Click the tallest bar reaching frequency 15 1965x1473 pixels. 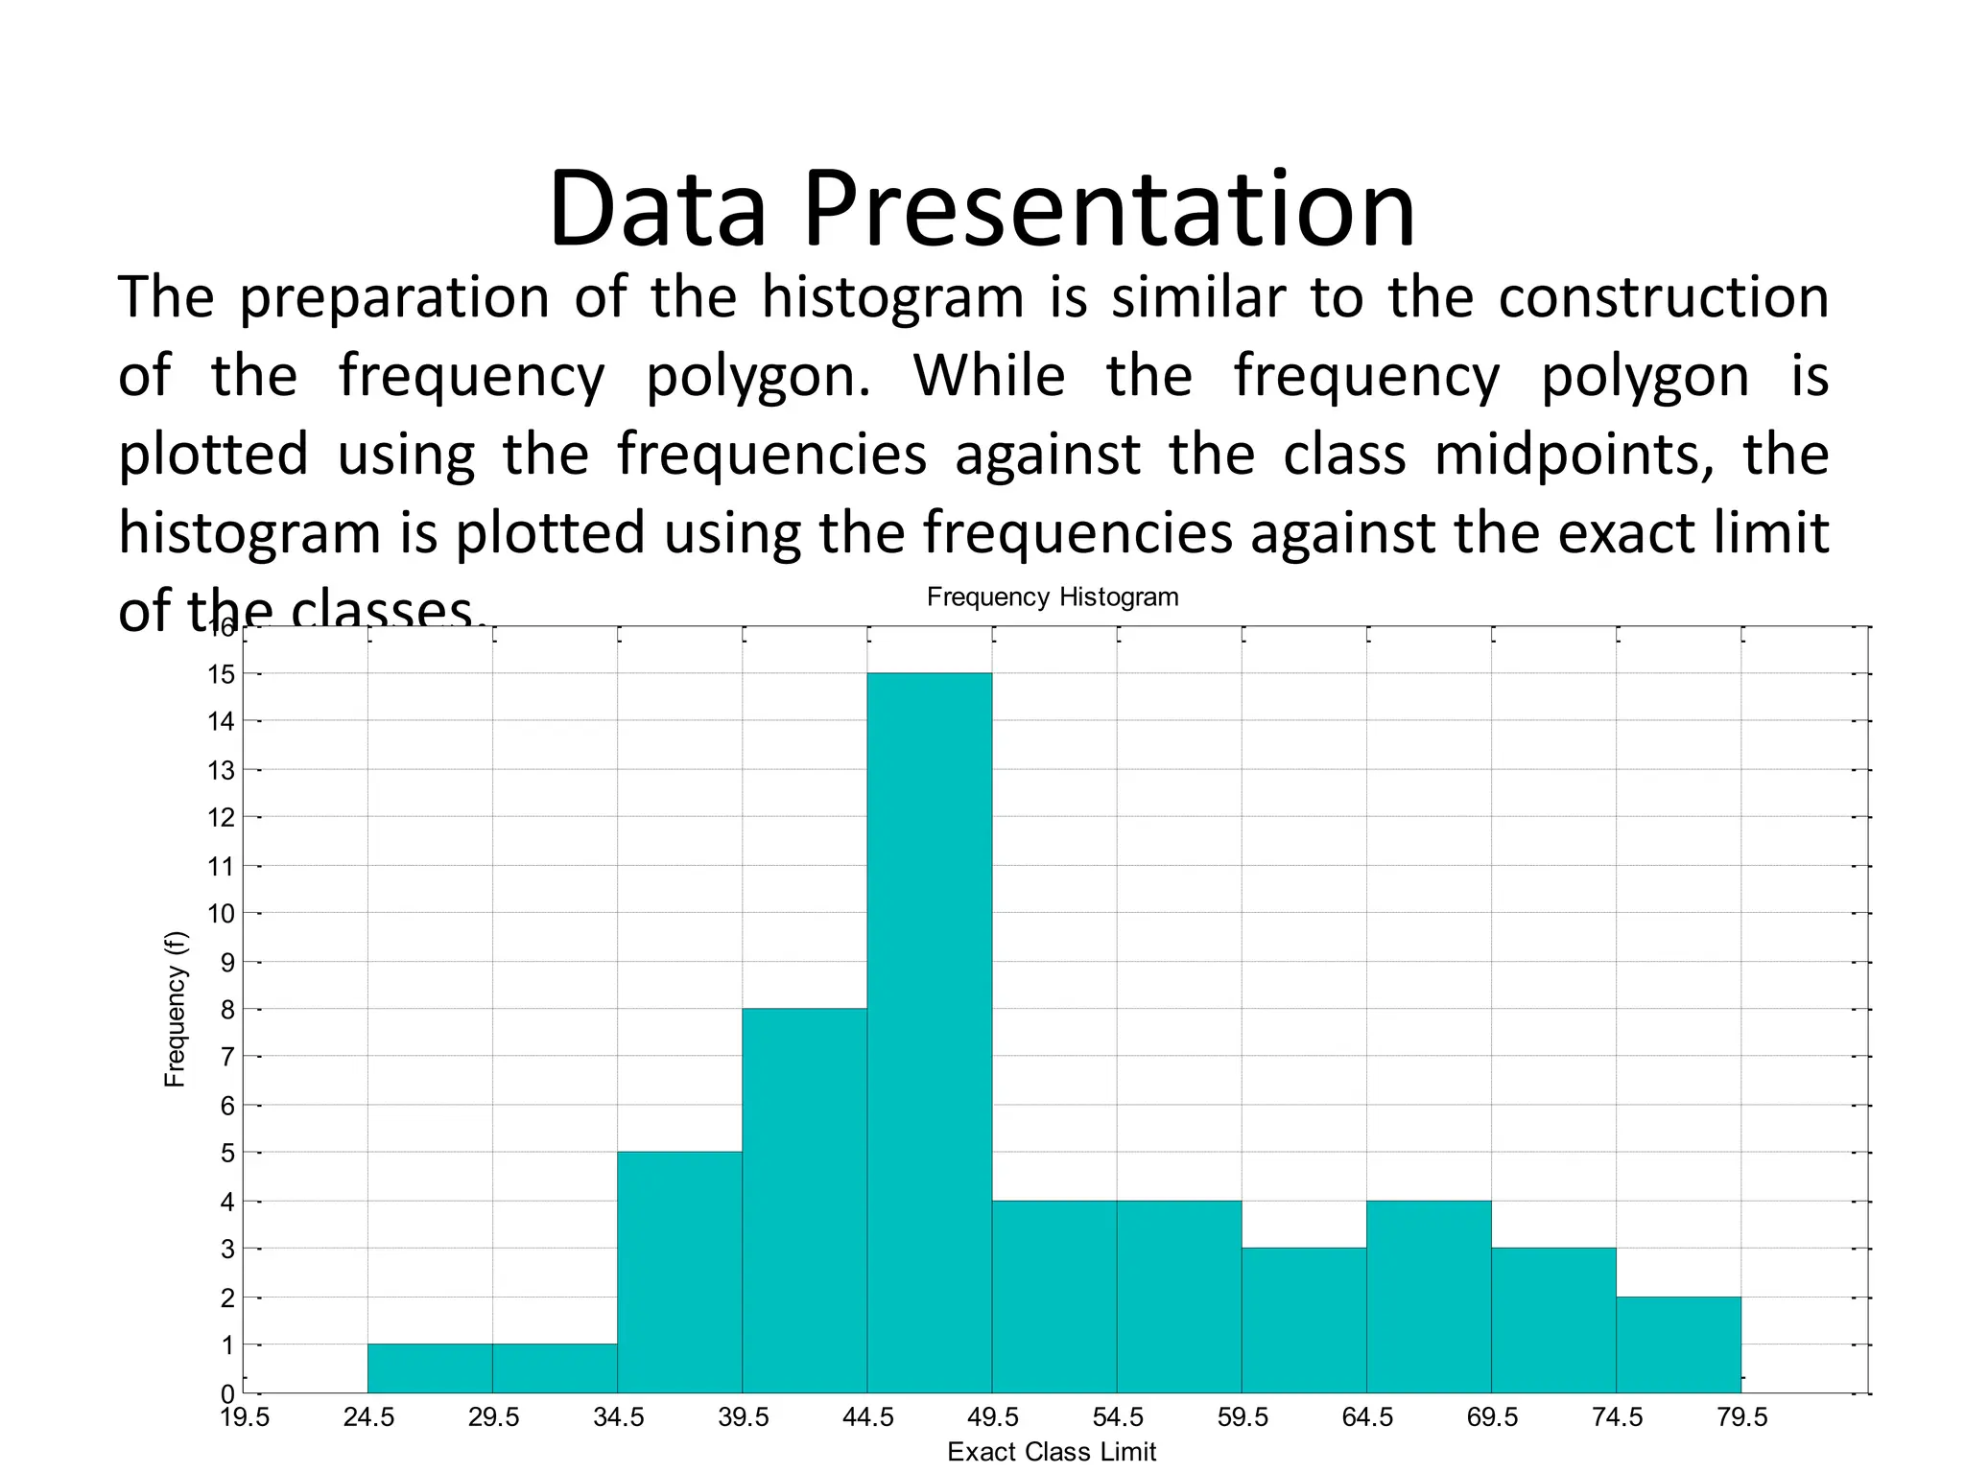929,1032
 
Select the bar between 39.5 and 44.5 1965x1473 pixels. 804,1200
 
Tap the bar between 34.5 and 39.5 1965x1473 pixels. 679,1272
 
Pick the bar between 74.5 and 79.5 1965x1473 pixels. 1678,1344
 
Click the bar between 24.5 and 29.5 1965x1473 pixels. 430,1368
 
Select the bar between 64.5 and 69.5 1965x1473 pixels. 1429,1296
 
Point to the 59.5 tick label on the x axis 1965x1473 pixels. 1243,1417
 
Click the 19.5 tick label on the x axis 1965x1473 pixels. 245,1417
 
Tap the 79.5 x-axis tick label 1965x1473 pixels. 1741,1417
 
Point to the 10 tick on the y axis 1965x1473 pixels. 222,913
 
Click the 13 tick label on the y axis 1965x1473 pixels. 222,770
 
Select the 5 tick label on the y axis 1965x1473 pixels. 227,1153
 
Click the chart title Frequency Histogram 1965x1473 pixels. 1052,596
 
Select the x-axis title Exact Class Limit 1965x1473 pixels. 1051,1452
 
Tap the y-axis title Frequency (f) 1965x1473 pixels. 175,1009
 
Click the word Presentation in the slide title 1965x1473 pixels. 1108,209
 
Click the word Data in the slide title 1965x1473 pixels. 657,209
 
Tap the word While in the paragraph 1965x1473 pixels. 988,375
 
